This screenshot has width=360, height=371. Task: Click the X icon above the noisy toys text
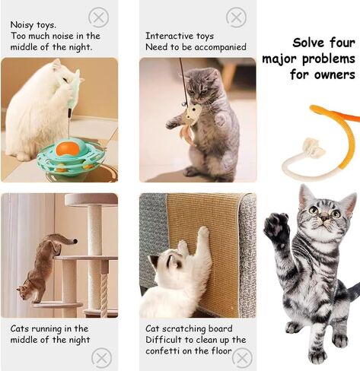[98, 17]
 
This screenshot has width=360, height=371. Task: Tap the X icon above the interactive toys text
[237, 17]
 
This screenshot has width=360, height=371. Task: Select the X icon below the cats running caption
[101, 357]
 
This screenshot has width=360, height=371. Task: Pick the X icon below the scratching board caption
[242, 357]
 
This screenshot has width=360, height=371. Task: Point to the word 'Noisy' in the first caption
[21, 24]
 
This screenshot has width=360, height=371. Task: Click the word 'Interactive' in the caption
[168, 36]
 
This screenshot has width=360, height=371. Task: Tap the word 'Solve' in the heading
[311, 43]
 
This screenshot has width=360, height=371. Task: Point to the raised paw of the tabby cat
[276, 228]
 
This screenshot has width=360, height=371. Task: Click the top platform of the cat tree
[91, 200]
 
